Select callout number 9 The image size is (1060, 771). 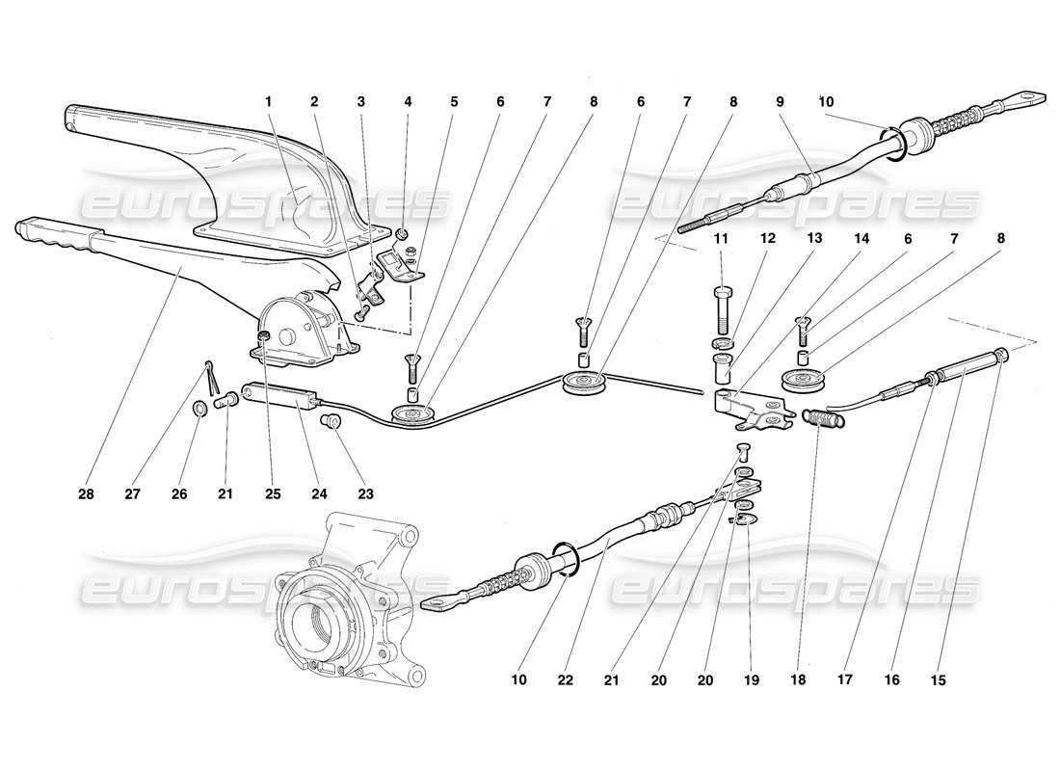(x=781, y=100)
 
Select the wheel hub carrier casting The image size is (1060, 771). (x=342, y=598)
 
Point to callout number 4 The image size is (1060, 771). (x=409, y=100)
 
